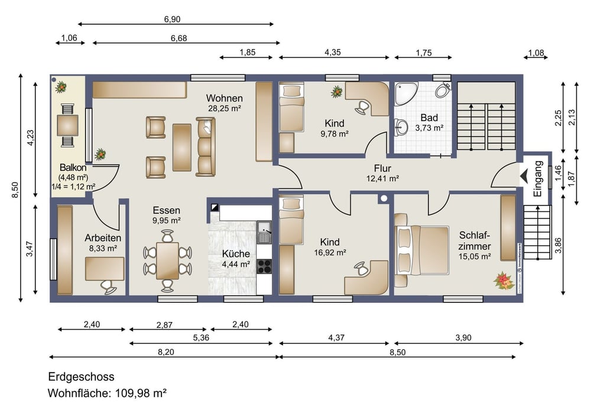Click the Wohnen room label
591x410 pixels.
224,98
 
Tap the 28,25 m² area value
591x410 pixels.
225,109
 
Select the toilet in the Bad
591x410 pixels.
443,90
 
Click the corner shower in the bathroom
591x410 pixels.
405,93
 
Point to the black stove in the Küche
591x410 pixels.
264,266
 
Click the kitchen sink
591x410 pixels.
264,232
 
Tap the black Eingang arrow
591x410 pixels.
524,175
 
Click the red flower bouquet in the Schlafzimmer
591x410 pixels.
504,281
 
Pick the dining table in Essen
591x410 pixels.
167,261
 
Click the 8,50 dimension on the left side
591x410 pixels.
15,190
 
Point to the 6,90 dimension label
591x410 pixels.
172,19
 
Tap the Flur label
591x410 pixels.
382,168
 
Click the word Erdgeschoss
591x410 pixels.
82,376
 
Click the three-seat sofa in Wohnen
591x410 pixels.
206,147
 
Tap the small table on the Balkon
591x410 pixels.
68,125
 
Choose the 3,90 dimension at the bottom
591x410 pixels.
463,338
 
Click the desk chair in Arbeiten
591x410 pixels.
109,287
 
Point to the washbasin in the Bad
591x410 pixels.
401,128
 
